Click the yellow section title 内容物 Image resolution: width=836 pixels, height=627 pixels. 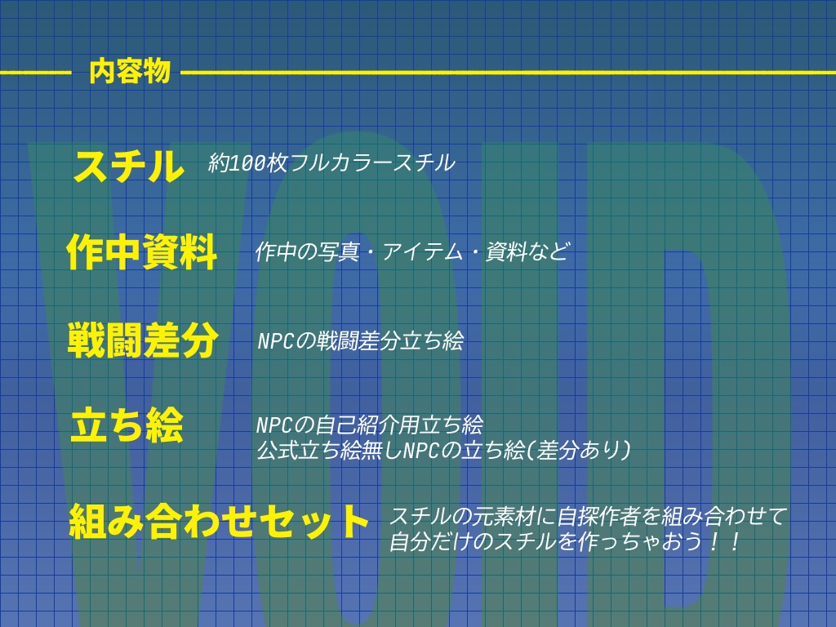click(130, 72)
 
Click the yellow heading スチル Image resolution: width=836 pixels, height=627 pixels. click(128, 167)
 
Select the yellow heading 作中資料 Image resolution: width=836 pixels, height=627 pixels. click(142, 251)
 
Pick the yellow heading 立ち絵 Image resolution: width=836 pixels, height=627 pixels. click(127, 427)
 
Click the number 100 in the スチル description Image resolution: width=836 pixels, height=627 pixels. click(246, 163)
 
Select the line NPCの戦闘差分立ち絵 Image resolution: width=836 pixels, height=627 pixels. click(360, 341)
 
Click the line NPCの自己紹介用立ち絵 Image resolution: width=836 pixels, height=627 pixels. click(369, 425)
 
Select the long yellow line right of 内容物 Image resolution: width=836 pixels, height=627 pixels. click(506, 73)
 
